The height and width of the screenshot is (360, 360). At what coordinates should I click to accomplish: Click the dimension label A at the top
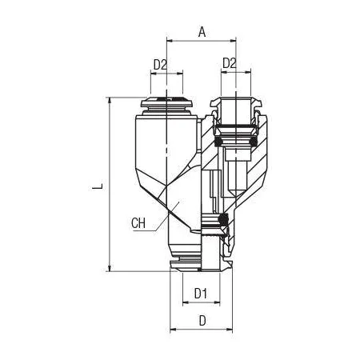202,32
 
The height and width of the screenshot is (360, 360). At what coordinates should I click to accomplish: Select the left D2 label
160,65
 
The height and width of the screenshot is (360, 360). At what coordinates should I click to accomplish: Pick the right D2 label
230,63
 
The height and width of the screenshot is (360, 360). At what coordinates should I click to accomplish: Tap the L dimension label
98,186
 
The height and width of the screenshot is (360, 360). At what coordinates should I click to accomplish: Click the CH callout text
138,223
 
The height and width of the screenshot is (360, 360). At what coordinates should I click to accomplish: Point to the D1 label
201,294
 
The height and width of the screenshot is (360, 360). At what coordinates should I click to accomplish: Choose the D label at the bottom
202,321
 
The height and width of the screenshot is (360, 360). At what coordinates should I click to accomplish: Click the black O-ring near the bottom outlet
222,219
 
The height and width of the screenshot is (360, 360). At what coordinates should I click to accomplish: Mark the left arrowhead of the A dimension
170,41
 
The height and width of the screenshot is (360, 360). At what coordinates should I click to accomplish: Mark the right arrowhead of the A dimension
233,41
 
